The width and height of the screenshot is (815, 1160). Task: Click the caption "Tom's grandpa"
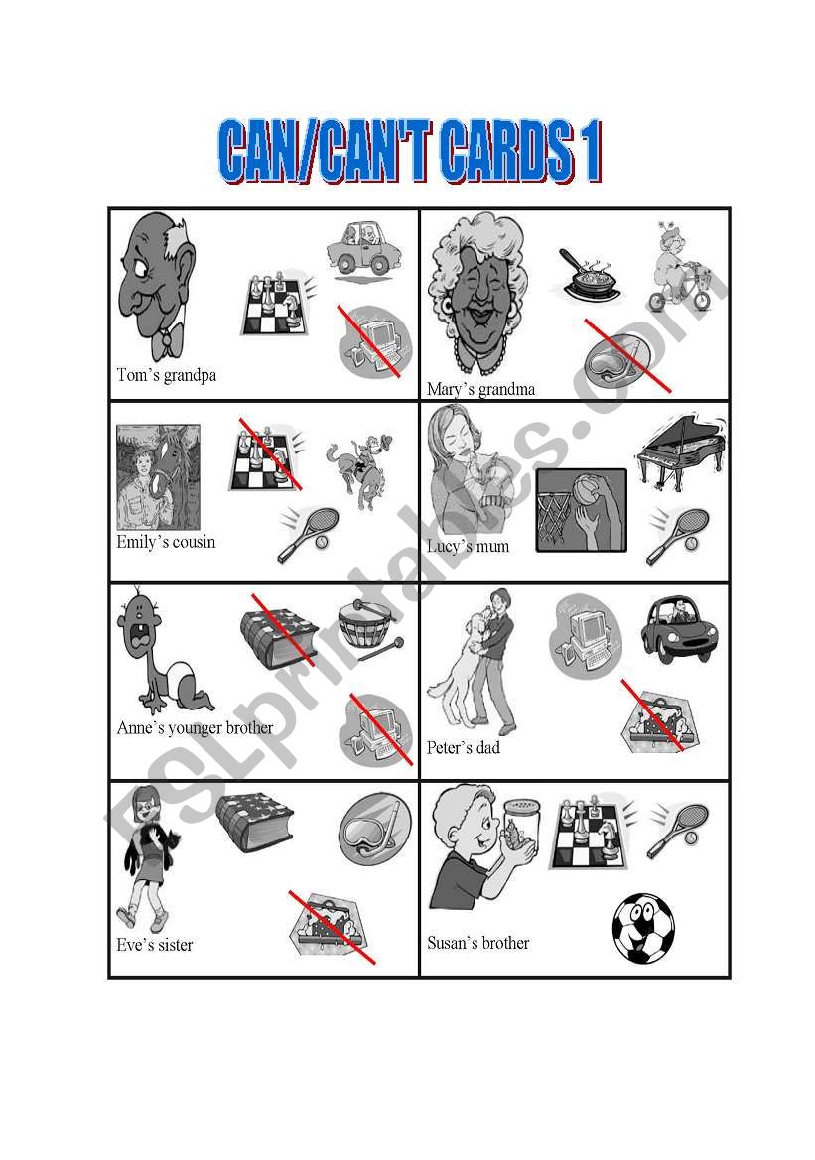click(167, 375)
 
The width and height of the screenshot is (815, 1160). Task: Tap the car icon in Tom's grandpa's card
click(365, 250)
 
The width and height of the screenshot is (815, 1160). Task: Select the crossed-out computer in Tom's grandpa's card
click(374, 341)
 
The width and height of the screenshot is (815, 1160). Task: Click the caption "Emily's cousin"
click(166, 542)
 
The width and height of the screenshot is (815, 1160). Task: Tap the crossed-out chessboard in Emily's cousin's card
click(265, 454)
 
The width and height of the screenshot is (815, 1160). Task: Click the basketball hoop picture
click(581, 510)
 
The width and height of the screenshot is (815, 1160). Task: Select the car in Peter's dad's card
click(679, 629)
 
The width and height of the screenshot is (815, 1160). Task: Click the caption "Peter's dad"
click(464, 748)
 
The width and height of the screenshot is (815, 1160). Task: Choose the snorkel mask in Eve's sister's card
click(374, 830)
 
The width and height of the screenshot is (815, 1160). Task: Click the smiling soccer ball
click(643, 929)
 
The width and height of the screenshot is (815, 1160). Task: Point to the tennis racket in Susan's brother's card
click(678, 830)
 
